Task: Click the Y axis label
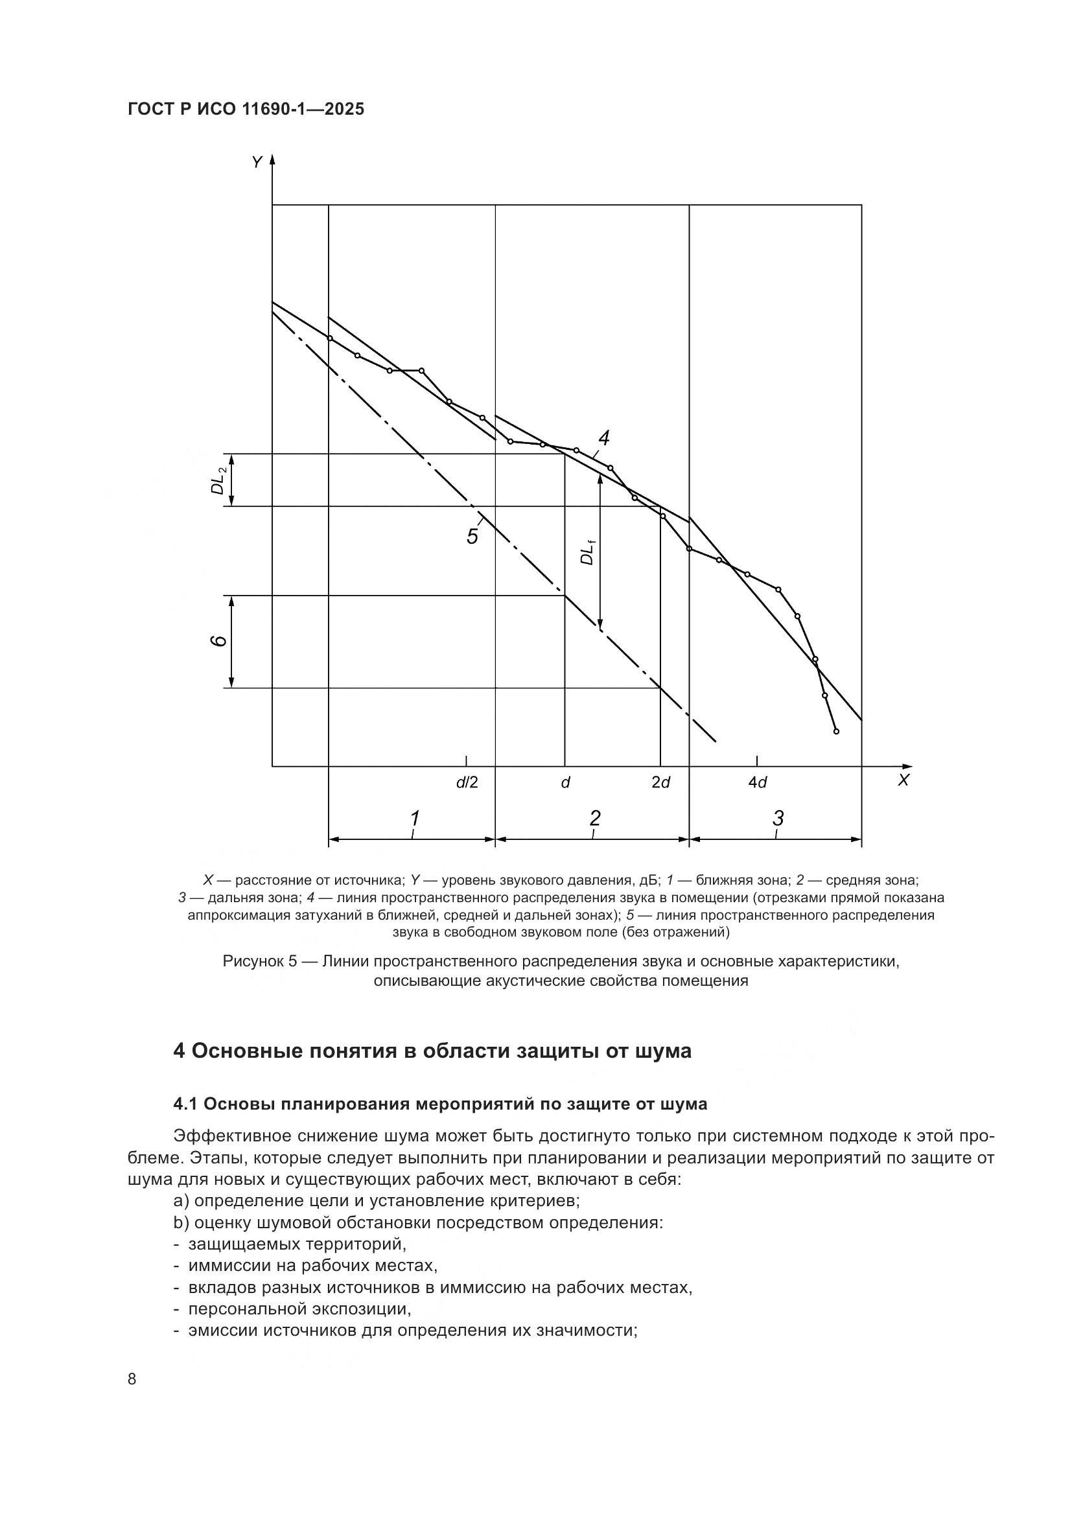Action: point(257,162)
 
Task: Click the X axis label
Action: point(903,780)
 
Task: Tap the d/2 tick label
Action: point(467,782)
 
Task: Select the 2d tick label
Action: point(660,782)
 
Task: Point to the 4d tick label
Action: point(757,782)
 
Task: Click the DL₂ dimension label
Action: point(218,480)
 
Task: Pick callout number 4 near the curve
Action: point(603,437)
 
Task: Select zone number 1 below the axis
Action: point(415,818)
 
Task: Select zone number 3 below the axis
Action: point(778,818)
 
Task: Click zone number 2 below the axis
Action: point(595,818)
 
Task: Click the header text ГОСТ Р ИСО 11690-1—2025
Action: point(246,110)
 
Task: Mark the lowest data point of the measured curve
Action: point(836,731)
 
